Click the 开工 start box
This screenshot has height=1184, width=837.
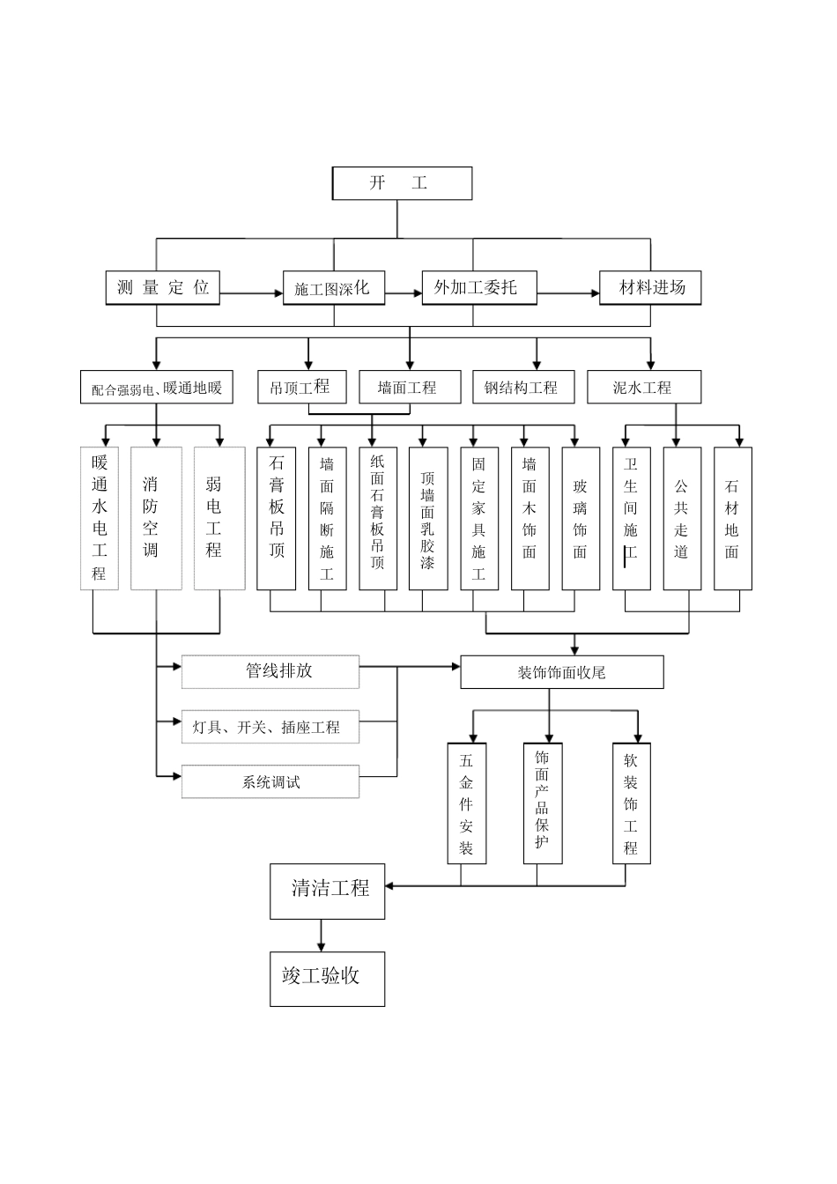tap(401, 183)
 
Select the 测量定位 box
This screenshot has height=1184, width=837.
tap(162, 287)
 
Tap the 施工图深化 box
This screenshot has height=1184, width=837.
tap(333, 288)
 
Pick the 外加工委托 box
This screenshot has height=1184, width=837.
tap(478, 287)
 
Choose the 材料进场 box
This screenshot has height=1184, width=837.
tap(650, 287)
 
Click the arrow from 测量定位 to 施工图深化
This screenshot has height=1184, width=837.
tap(251, 292)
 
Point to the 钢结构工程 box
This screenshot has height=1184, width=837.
tap(521, 387)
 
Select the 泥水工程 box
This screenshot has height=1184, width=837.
tap(644, 387)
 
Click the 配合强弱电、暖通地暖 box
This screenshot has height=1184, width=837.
tap(157, 387)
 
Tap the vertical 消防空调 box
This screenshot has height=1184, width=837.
tap(156, 518)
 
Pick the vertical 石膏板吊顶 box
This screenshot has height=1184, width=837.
tap(277, 518)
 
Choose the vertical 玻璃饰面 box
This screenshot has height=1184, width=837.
tap(581, 518)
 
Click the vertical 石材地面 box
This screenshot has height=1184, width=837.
tap(732, 518)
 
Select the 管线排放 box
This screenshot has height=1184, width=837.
tap(270, 671)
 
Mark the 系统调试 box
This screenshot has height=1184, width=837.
tap(270, 781)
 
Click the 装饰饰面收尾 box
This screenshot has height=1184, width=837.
tap(561, 672)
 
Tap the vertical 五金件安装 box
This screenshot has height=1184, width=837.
tap(466, 803)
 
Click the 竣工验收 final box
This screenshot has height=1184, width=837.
tap(327, 976)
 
